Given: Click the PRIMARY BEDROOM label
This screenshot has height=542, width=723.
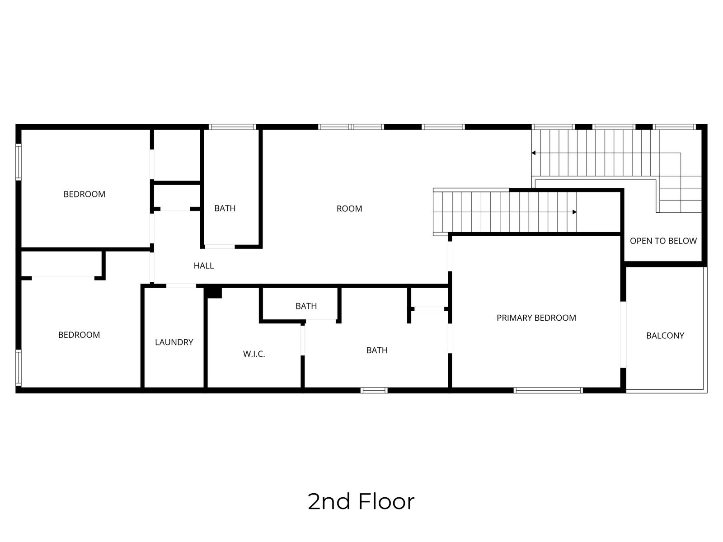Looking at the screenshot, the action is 536,318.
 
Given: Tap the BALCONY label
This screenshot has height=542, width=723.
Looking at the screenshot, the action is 665,336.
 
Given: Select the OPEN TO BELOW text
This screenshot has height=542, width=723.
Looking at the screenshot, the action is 663,241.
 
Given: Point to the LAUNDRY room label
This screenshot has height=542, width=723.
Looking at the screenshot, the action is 174,342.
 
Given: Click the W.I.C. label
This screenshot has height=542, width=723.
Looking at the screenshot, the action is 254,354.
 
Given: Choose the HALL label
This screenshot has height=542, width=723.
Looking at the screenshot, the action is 203,266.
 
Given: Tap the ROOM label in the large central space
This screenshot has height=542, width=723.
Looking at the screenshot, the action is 349,209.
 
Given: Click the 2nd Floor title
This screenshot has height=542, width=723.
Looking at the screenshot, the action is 361,501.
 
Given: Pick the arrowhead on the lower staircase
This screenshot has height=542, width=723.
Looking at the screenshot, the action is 574,212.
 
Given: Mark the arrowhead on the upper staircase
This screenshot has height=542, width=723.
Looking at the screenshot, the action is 533,153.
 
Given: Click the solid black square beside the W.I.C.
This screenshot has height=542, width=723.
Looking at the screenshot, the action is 213,292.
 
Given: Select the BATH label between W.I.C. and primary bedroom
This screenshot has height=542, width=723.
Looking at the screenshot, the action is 377,350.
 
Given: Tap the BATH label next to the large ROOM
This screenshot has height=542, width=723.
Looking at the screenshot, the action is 225,208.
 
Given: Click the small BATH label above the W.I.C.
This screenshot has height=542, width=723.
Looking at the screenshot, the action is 306,306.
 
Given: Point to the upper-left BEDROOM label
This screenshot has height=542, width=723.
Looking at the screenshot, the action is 85,194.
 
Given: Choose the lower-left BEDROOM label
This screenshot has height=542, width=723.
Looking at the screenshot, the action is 79,335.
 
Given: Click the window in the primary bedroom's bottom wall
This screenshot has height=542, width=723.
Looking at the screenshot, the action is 548,391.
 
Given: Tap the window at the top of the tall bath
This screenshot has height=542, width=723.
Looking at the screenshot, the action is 232,127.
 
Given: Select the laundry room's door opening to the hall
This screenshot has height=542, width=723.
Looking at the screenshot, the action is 181,285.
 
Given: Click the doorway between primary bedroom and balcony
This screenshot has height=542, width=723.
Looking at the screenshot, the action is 623,334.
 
